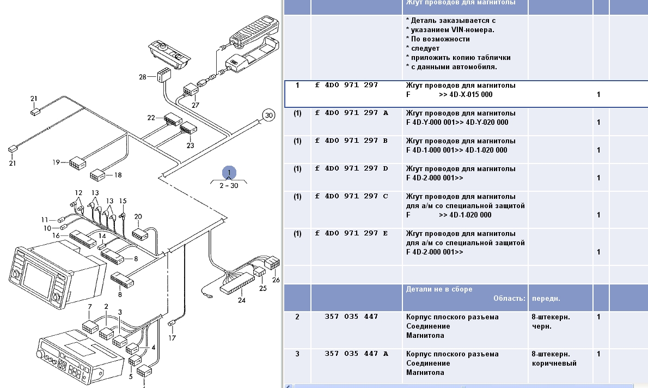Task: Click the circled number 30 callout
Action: coord(268,116)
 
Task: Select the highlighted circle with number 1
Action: coord(229,173)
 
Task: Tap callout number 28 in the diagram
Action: coord(143,77)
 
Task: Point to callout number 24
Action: coord(241,300)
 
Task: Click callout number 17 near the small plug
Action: coord(172,338)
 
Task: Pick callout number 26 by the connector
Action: coord(276,280)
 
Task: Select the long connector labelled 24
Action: coord(237,282)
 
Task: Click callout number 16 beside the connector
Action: coord(56,235)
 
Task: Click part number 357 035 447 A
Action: coord(356,354)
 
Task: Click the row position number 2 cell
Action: coord(297,317)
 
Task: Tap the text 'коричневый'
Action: coord(554,363)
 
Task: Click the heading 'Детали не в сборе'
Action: coord(439,289)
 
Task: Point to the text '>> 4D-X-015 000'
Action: coord(465,95)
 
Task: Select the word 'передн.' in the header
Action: coord(546,299)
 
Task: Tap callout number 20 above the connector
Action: coord(138,216)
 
